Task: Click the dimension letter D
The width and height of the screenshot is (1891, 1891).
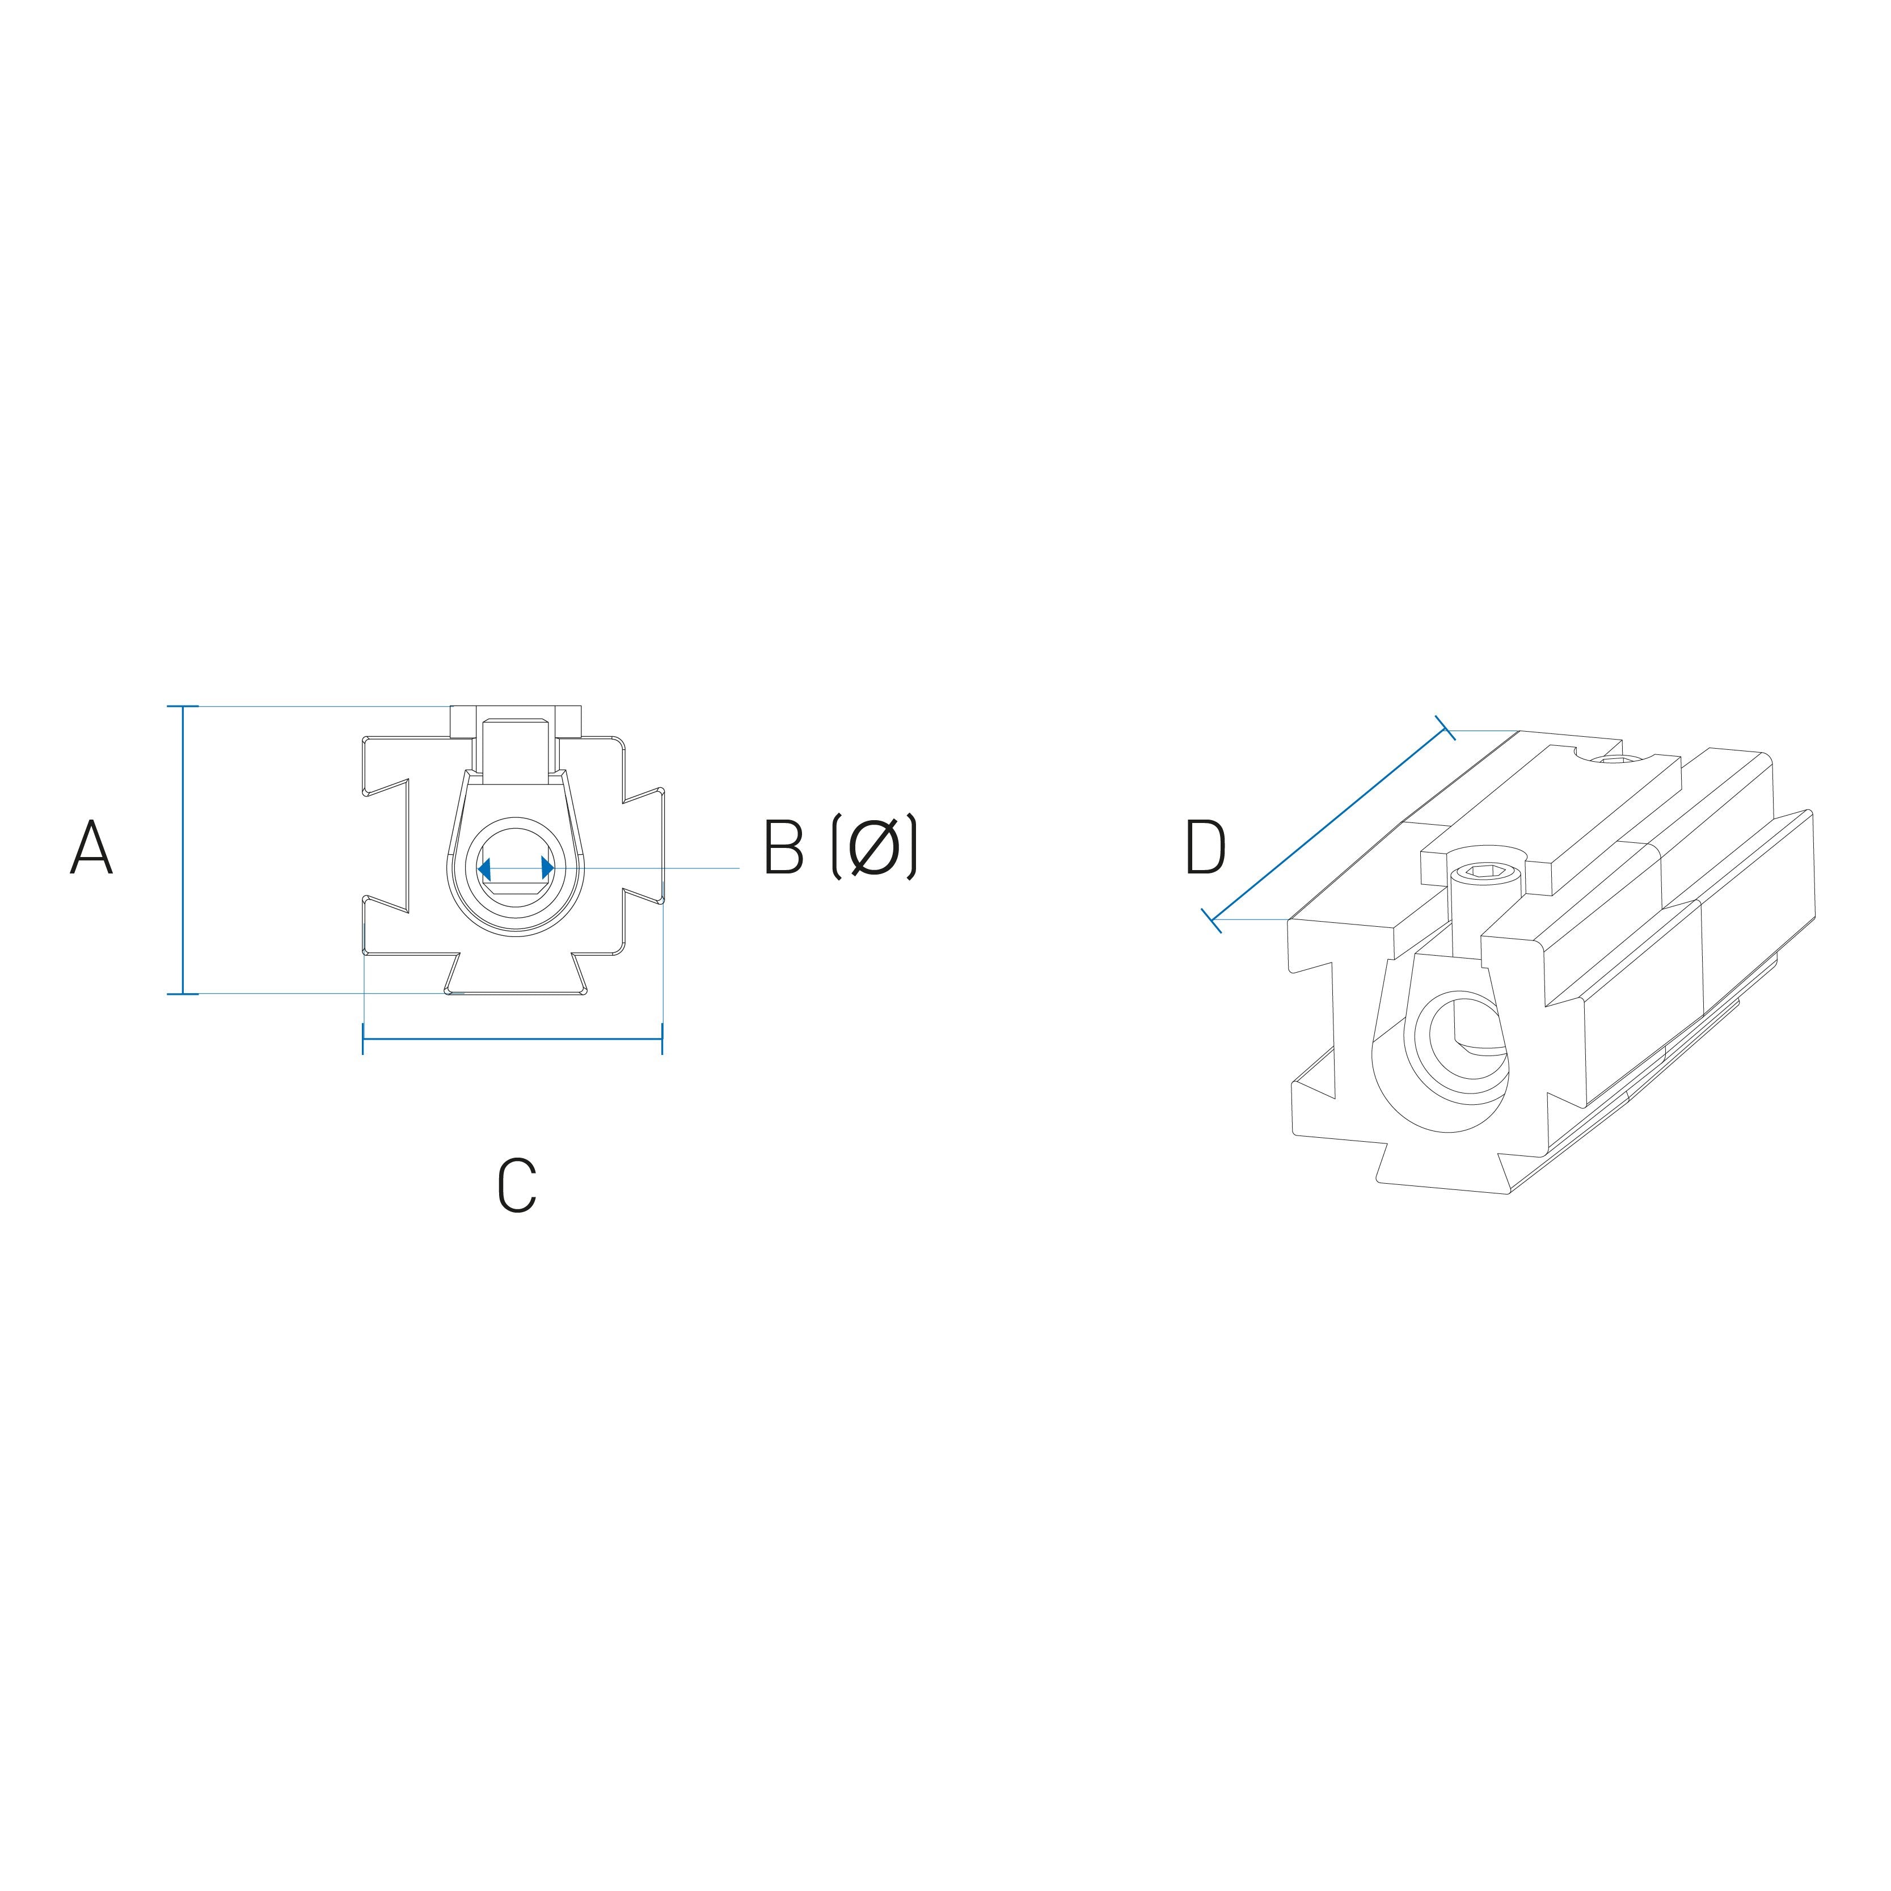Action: pos(1205,847)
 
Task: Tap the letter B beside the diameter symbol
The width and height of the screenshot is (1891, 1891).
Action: pos(783,847)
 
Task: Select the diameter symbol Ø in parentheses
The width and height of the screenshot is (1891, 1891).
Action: pos(873,847)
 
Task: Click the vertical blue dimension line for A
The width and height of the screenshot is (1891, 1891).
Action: pos(183,850)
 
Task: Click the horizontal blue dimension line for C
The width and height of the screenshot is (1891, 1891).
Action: pos(513,1037)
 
